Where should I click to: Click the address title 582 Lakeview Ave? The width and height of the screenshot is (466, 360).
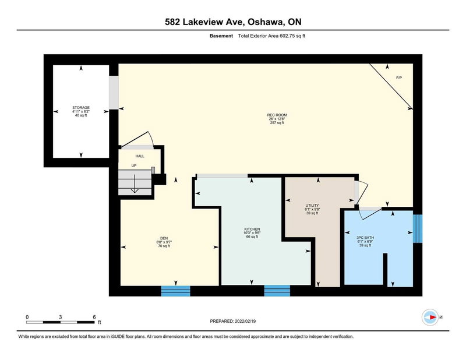point(233,22)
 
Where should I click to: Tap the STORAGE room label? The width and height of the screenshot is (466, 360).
point(81,108)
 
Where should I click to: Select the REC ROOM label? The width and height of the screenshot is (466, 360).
point(277,115)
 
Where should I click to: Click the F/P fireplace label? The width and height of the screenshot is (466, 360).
point(399,78)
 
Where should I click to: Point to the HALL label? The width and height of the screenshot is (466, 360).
point(140,156)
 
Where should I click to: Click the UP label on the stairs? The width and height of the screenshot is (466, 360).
point(133,166)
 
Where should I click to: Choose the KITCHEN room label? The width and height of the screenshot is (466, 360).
point(252,229)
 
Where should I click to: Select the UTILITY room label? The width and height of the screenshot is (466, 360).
point(312,206)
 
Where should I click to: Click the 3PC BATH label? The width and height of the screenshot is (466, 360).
point(366,238)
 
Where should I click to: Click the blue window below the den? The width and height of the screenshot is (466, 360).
point(175,291)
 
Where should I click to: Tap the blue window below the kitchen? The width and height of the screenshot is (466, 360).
point(277,291)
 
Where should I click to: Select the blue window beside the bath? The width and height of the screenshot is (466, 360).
point(416,228)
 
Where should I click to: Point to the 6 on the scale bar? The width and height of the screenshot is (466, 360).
point(94,317)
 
